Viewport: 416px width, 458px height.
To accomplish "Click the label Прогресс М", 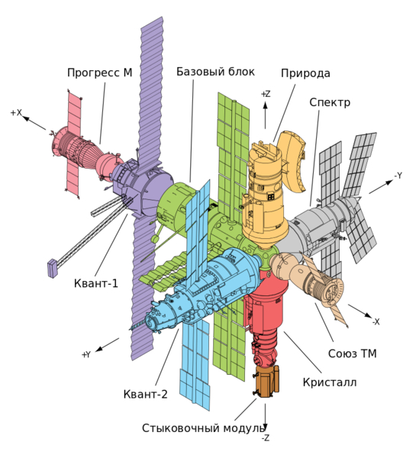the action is [100, 73].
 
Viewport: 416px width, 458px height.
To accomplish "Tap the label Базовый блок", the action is [215, 72].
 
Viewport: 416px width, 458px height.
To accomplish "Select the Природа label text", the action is [305, 73].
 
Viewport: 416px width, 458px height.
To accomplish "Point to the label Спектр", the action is [330, 102].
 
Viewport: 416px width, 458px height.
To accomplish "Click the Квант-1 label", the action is [96, 283].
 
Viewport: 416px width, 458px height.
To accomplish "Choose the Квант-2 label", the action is [146, 394].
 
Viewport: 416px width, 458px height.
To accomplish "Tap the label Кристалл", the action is [330, 382].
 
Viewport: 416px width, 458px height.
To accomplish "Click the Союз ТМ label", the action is [353, 353].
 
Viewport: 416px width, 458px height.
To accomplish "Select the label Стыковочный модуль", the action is [203, 428].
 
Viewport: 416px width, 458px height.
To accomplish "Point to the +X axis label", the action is [16, 112].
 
